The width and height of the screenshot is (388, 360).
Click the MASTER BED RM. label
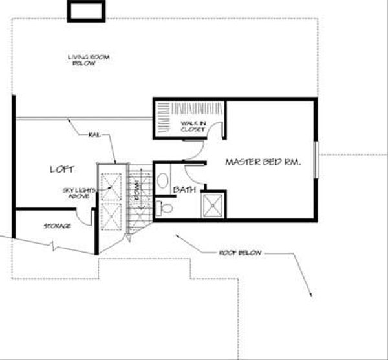(263, 164)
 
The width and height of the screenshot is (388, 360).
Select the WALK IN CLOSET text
(192, 125)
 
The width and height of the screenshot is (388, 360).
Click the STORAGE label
(57, 226)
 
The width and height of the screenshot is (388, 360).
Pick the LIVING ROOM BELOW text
(89, 60)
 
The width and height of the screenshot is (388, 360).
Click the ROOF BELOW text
(240, 253)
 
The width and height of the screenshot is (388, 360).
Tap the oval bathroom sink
(163, 180)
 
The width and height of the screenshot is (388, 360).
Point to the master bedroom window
(316, 157)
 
